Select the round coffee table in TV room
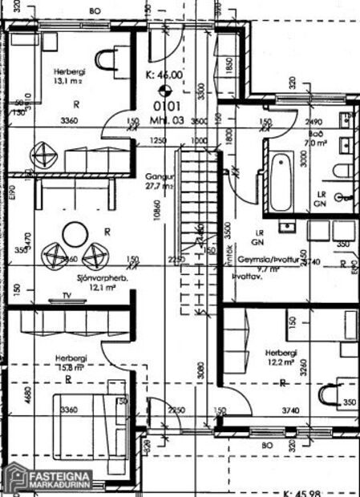point(76,235)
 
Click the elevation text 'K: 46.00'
point(164,75)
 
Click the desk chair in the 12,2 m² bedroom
point(330,395)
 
